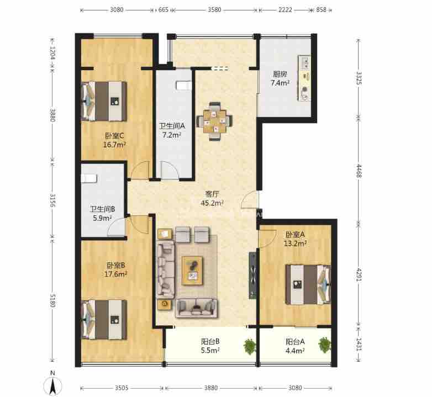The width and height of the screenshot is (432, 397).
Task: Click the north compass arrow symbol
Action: click(x=52, y=385)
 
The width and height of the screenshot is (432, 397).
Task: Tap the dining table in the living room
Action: click(x=214, y=121)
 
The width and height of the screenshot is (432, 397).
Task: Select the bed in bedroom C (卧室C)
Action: click(x=104, y=101)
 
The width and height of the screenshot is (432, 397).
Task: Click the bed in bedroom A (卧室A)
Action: click(x=308, y=285)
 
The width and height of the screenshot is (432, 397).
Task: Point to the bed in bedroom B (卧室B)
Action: click(x=104, y=320)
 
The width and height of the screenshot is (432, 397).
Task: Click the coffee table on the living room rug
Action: click(x=193, y=271)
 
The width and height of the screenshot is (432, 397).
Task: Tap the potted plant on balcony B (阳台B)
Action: click(x=250, y=346)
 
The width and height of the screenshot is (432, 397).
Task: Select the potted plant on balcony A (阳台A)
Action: click(x=324, y=345)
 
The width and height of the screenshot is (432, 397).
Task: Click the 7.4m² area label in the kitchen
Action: click(x=280, y=83)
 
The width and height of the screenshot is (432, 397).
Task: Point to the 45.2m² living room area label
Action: click(x=212, y=203)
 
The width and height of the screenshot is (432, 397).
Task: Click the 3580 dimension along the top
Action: click(x=215, y=9)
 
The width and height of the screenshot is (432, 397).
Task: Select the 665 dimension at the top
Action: click(x=163, y=9)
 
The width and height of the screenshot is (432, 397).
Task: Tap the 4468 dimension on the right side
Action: click(x=359, y=171)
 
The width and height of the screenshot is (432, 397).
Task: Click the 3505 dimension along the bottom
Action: click(x=122, y=388)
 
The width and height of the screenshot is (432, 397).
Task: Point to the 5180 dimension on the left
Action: click(x=52, y=300)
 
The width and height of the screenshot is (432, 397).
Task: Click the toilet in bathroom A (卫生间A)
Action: click(x=183, y=85)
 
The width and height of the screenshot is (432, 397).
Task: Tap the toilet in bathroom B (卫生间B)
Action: click(x=89, y=178)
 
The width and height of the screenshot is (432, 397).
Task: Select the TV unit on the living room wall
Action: click(x=252, y=276)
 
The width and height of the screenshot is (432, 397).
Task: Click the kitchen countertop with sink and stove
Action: click(x=304, y=78)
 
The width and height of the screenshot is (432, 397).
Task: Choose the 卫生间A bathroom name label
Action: click(x=172, y=126)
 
